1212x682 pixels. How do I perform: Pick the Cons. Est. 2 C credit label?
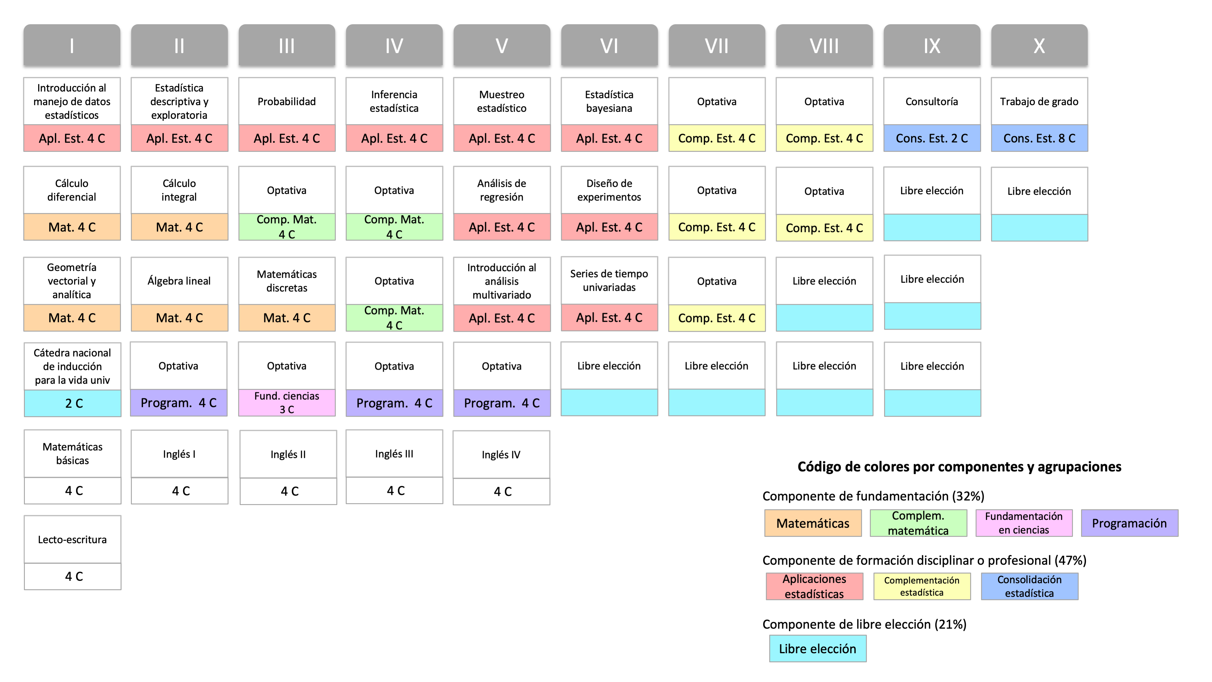point(932,138)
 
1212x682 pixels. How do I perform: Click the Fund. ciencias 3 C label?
point(287,403)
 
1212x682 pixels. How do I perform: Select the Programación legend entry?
point(1129,523)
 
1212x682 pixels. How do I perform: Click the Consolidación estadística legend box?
point(1030,586)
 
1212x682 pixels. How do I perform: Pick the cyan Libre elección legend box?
point(818,649)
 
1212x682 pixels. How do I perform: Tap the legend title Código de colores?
point(959,467)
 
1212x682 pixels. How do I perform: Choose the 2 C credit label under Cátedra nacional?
point(72,403)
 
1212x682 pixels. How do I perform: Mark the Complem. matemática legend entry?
point(918,523)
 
